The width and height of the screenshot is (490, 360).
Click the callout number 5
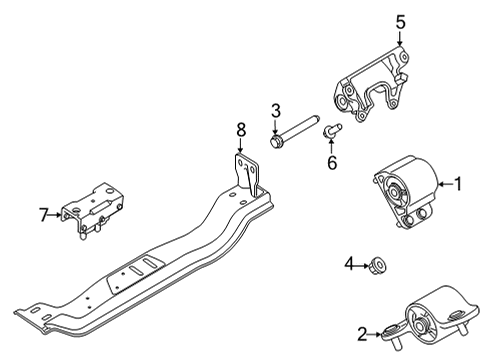399,21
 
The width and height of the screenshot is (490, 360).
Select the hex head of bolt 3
277,141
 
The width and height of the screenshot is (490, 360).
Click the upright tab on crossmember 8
246,170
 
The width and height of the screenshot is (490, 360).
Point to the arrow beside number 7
56,214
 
